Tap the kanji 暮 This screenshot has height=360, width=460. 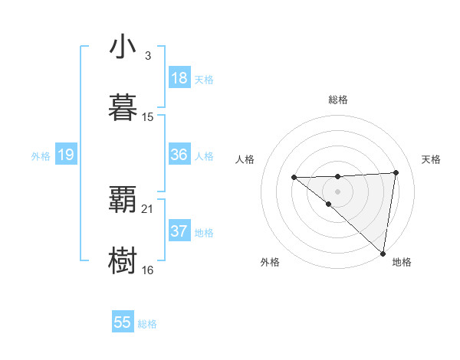[123, 106]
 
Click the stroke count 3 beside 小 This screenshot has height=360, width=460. [148, 56]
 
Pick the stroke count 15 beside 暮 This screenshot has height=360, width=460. [148, 116]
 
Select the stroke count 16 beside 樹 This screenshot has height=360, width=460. [148, 270]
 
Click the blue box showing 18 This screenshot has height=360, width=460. [179, 78]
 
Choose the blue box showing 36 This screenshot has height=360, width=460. [179, 155]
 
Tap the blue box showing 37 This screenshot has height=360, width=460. [179, 231]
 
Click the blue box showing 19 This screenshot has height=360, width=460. [65, 155]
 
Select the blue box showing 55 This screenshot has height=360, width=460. [123, 322]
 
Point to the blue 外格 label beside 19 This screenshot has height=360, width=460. [41, 156]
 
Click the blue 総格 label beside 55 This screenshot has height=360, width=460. [147, 324]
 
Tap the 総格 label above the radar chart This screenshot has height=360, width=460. [337, 100]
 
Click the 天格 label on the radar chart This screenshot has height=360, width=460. [431, 159]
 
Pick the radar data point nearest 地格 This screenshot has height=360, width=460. [383, 254]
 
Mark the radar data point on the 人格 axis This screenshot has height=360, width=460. [294, 178]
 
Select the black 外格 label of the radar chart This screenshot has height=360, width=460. [270, 262]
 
